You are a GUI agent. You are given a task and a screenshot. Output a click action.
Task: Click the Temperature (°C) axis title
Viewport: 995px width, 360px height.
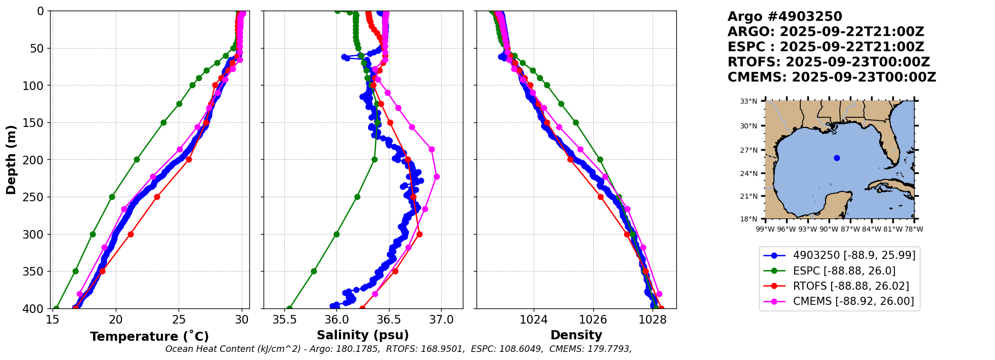click(x=149, y=337)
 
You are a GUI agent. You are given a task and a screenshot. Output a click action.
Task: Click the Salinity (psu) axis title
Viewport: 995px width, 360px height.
click(x=363, y=335)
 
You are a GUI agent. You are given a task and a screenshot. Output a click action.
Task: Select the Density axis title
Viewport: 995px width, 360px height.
click(x=576, y=335)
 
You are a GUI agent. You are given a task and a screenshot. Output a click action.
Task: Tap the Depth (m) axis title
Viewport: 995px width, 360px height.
click(x=11, y=160)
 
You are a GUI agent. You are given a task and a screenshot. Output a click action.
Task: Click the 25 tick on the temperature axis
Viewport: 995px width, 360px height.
click(x=179, y=320)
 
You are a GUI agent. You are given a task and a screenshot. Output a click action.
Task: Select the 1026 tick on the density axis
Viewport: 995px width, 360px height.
click(x=593, y=320)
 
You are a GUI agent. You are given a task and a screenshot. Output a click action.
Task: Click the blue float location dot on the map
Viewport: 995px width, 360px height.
click(x=837, y=158)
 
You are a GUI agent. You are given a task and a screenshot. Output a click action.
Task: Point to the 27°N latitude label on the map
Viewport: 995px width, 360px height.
click(x=749, y=150)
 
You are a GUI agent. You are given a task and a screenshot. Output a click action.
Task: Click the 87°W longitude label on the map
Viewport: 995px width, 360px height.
click(x=849, y=229)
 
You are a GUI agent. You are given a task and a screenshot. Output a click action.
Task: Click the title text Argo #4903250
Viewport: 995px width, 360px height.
click(x=785, y=17)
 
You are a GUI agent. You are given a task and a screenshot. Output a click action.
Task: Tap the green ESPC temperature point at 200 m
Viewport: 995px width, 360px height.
click(x=137, y=159)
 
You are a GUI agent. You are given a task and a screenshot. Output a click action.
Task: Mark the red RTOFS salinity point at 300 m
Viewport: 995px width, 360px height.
click(x=419, y=234)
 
